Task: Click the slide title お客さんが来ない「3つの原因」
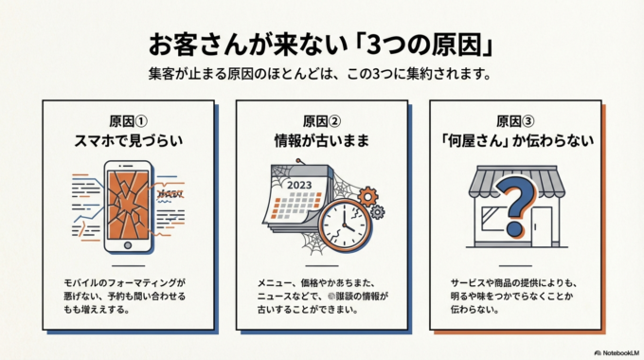(322, 44)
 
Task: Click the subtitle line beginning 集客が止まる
(322, 74)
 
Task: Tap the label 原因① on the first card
(128, 121)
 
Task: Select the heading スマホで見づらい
(128, 142)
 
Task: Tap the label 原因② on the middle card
(322, 121)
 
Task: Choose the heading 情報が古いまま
(322, 142)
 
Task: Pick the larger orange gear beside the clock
(367, 197)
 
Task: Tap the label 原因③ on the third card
(515, 121)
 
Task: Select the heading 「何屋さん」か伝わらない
(515, 142)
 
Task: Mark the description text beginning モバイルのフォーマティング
(128, 296)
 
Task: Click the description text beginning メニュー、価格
(322, 296)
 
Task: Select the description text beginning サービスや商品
(515, 296)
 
